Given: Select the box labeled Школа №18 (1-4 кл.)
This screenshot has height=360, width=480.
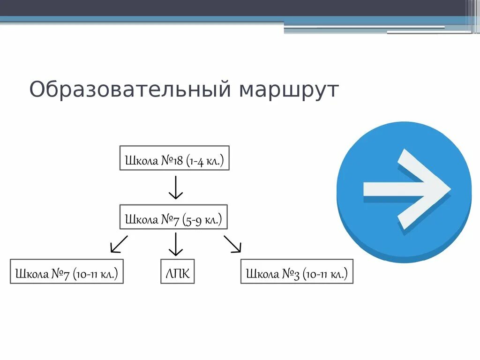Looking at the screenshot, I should [x=174, y=157].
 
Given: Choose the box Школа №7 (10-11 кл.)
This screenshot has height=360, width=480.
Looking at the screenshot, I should [x=67, y=271].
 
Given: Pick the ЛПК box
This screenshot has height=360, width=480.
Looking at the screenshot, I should [x=177, y=271].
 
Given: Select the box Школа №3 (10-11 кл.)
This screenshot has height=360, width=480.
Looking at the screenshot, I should [x=297, y=271].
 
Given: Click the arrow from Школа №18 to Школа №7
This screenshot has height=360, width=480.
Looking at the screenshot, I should [x=175, y=187].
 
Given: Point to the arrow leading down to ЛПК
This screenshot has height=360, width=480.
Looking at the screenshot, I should [x=175, y=244].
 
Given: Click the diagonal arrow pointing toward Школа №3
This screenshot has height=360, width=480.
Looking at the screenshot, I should [x=232, y=244].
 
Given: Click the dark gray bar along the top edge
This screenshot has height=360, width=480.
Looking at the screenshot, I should [x=234, y=7].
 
